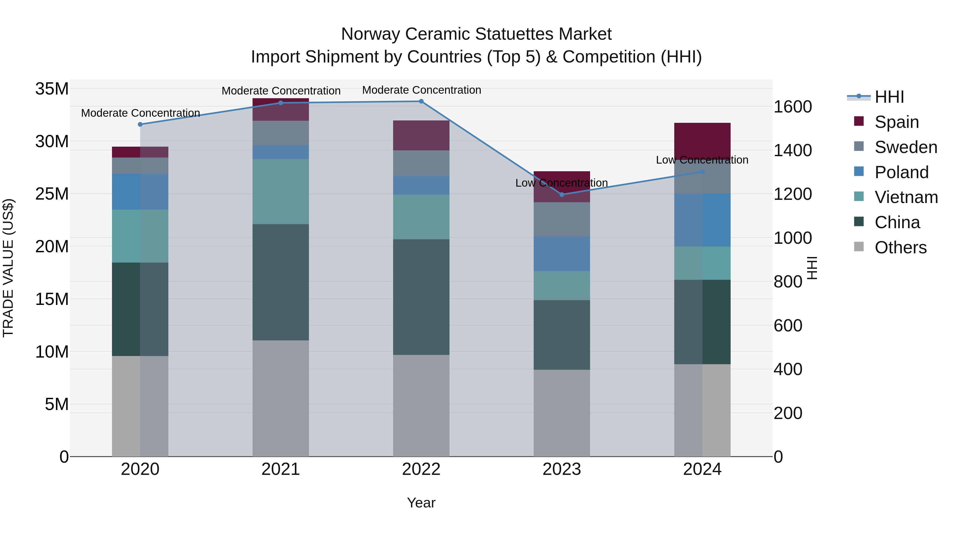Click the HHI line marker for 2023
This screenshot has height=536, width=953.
click(x=561, y=195)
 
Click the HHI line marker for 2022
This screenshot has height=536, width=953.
click(x=421, y=101)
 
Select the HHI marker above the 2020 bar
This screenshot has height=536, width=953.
click(x=140, y=124)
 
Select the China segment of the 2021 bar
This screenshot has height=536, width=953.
click(x=280, y=282)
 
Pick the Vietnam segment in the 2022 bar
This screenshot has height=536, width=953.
click(x=421, y=217)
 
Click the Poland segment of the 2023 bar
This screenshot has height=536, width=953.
click(x=561, y=254)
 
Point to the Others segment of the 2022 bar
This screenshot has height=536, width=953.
click(x=421, y=406)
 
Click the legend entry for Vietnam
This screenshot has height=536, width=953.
click(x=906, y=197)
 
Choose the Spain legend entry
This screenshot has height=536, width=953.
click(x=896, y=122)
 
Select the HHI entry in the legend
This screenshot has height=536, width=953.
click(x=889, y=97)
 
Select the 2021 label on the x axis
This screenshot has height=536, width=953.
click(x=280, y=469)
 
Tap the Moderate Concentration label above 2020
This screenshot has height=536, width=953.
click(x=140, y=113)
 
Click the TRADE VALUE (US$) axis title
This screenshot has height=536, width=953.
click(x=8, y=268)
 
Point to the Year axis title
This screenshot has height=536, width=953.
click(x=421, y=503)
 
